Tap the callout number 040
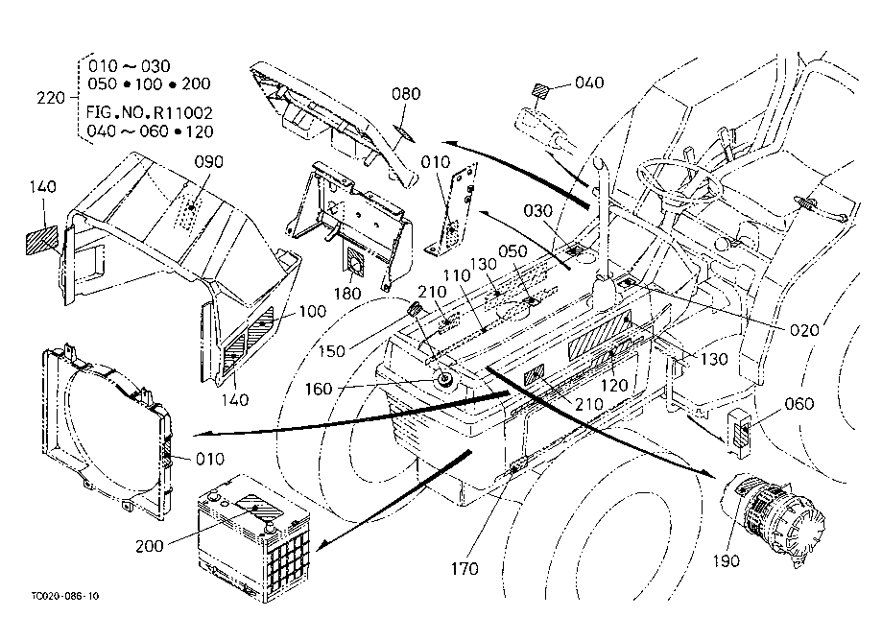589,83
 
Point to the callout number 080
407,94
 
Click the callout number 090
207,161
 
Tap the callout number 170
465,569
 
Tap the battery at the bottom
252,542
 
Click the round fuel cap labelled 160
447,381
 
